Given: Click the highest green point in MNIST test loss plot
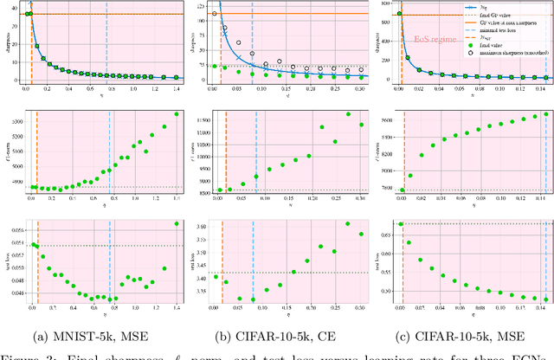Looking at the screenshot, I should click(x=177, y=223).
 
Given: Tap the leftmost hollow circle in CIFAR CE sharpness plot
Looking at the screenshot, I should click(x=214, y=14).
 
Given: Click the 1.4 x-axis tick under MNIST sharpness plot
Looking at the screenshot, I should click(x=177, y=88).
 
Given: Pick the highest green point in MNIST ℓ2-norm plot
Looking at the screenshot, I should click(x=177, y=113).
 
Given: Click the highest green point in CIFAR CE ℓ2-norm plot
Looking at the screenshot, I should click(x=325, y=113).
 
